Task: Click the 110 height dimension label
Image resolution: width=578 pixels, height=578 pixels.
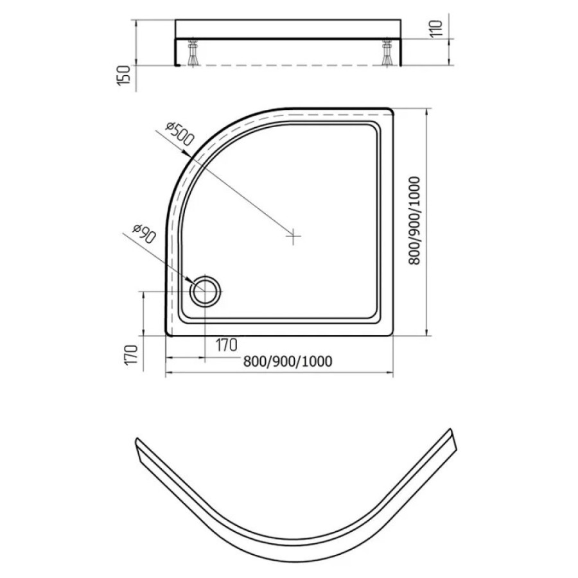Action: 435,28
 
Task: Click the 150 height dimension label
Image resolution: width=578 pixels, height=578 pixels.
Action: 124,76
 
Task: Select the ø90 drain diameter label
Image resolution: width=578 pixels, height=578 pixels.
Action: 144,234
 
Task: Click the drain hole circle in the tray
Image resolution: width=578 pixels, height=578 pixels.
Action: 205,290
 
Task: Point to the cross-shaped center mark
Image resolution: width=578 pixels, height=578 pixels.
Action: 293,236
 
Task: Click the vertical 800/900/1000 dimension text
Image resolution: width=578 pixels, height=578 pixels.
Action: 415,221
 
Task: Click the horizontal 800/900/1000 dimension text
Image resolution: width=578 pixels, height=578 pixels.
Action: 288,362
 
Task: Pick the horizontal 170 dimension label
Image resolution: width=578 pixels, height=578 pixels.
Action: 226,345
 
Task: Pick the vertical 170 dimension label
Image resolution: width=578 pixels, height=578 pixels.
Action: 132,355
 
